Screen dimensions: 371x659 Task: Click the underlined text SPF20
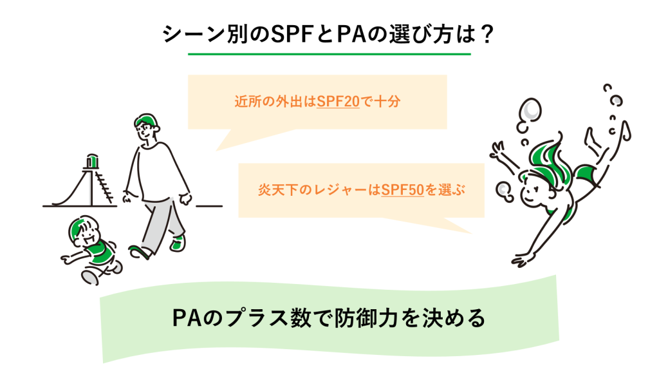click(x=339, y=102)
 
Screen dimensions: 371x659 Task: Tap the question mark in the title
click(x=487, y=33)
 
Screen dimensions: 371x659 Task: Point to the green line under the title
click(x=329, y=53)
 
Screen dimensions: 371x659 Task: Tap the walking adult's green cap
click(x=145, y=120)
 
